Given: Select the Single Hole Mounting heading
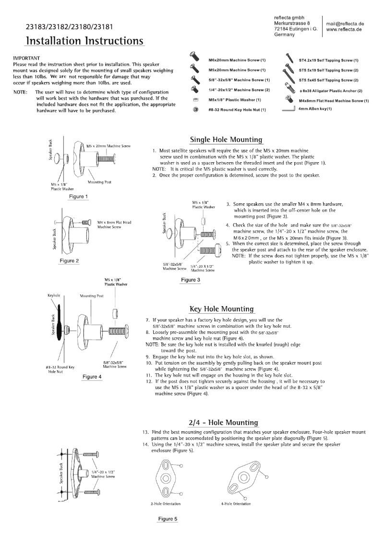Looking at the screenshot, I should tap(227, 140).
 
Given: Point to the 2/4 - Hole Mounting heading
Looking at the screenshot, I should tap(223, 423).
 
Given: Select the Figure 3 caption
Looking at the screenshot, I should tap(191, 280).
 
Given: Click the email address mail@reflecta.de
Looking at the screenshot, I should tap(345, 24).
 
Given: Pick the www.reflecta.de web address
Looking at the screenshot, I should tap(344, 29).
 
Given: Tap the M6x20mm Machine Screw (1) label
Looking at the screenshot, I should tap(237, 60).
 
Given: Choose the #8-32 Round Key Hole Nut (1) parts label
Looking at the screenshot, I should tap(237, 110).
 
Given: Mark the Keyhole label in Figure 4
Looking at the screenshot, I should tap(53, 296).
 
